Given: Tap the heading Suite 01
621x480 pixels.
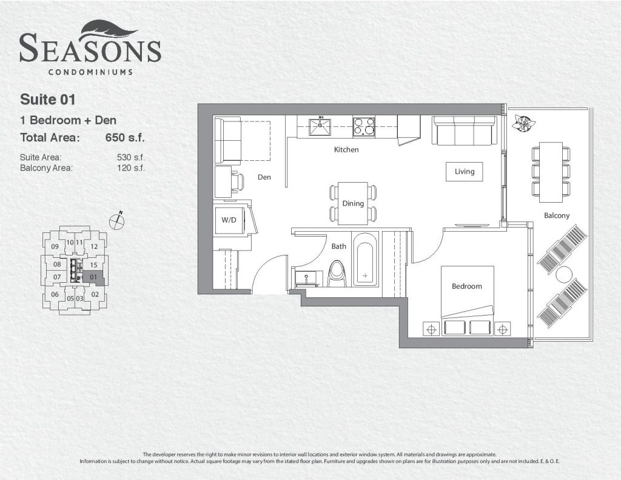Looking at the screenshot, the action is click(47, 100).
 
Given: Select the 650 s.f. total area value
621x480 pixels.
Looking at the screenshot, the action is click(125, 138).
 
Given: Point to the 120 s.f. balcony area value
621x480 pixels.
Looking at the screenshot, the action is click(131, 167).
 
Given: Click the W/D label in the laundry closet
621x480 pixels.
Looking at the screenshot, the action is click(229, 220).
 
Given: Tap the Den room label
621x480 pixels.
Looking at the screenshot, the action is click(264, 177).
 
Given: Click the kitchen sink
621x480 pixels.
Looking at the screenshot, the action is click(320, 127).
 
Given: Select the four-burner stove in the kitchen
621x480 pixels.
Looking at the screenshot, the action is click(364, 127).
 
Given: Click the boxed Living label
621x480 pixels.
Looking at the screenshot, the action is click(464, 172).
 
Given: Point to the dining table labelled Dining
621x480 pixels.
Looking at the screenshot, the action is click(353, 203).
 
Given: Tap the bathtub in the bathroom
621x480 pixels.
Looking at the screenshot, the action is click(364, 259).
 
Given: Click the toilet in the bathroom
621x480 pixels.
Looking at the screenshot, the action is click(337, 274).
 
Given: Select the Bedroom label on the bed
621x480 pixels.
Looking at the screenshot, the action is click(467, 286).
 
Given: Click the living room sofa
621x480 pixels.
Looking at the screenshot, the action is click(464, 131).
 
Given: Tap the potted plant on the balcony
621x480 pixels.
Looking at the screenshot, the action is click(522, 123).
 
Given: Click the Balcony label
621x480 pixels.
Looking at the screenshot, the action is click(557, 215).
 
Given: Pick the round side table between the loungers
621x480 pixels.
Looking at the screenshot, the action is click(563, 274).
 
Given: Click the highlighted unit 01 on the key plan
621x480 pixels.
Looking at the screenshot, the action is click(94, 277).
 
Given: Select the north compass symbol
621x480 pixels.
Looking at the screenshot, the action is click(117, 221).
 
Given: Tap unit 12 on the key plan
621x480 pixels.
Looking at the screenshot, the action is click(94, 246).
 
